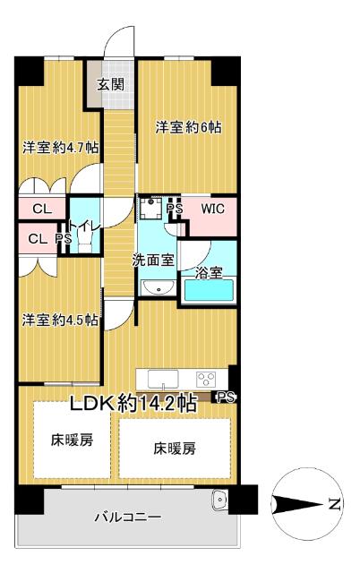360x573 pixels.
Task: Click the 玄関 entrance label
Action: tap(111, 85)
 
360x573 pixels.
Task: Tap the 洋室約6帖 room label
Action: tap(188, 128)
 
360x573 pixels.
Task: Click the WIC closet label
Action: tap(212, 210)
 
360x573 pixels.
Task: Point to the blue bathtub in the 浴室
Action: tap(208, 290)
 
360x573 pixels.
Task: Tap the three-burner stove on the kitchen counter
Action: tap(207, 377)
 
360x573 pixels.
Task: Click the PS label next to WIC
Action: tap(175, 210)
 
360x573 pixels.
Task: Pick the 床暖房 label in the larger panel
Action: tap(175, 447)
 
